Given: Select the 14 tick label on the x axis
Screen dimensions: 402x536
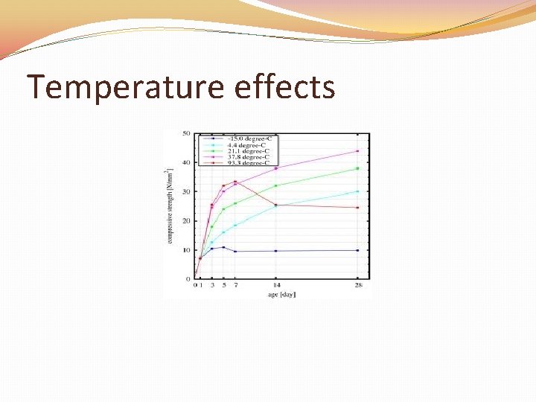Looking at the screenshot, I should [276, 285].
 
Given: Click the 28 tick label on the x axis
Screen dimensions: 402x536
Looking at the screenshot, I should [357, 285].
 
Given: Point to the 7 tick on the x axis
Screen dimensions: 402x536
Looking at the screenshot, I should [235, 285].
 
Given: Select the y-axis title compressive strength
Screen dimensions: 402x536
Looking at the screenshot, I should [170, 205].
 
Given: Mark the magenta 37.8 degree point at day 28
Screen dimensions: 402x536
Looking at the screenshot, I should [357, 151].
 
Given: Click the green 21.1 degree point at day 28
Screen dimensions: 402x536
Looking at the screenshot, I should [357, 168].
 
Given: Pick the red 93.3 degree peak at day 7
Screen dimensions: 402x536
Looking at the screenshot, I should [235, 181].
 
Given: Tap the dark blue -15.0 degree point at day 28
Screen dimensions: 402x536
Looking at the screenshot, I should [357, 250].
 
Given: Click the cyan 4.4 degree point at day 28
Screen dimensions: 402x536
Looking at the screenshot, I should [357, 191].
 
